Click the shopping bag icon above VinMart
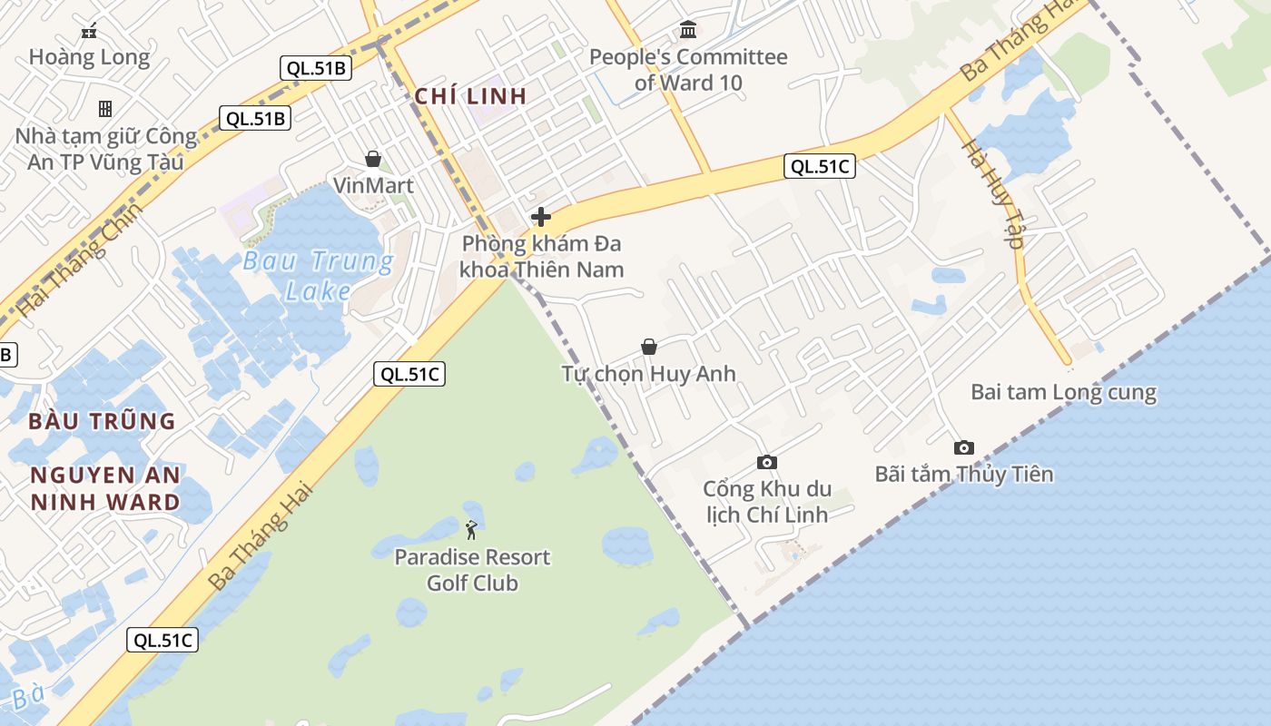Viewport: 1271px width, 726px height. coord(372,160)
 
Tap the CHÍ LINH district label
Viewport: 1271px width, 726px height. coord(470,96)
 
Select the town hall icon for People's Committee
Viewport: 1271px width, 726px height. coord(688,30)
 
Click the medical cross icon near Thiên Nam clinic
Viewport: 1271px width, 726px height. coord(541,217)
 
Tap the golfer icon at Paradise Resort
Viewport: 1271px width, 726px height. coord(471,529)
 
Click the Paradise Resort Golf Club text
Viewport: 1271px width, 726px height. coord(472,570)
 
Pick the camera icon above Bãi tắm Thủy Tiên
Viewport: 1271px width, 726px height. coord(963,447)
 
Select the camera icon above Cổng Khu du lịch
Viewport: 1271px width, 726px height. coord(766,463)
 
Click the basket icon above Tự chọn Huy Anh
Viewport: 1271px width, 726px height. coord(648,347)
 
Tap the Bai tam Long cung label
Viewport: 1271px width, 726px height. coord(1063,393)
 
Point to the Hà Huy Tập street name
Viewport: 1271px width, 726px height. coord(993,194)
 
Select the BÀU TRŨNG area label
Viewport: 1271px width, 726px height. coord(102,421)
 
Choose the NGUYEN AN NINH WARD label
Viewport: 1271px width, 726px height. coord(105,488)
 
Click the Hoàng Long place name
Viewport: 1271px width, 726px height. coord(89,57)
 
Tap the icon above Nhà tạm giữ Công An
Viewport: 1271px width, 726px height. coord(105,109)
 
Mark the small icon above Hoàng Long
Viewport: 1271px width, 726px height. coord(89,32)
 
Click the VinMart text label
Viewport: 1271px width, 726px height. coord(373,186)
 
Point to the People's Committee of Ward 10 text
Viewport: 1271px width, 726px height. coord(688,70)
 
